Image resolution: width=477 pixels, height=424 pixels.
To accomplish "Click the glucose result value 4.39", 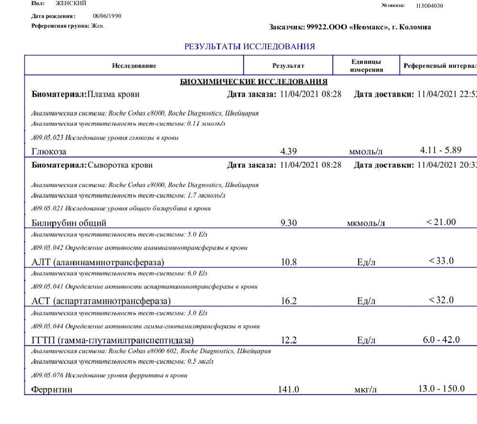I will coord(289,152).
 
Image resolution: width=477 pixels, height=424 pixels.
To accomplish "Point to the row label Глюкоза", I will coord(49,152).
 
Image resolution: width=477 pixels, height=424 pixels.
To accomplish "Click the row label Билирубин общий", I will coord(69,223).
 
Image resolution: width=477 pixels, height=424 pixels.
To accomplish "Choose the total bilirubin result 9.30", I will coord(289,222).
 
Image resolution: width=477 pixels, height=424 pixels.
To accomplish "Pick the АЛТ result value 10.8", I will coord(289,262).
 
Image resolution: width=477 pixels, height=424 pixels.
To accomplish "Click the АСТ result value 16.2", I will coord(289,301).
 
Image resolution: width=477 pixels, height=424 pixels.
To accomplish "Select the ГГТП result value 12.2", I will coord(289,341).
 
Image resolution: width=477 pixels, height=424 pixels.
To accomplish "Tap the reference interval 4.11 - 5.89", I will coord(441,150).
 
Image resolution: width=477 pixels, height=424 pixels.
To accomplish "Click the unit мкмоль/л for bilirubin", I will coord(366,223).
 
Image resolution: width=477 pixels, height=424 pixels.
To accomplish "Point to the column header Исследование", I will coord(134,66).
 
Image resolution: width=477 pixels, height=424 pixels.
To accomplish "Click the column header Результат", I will coord(288,66).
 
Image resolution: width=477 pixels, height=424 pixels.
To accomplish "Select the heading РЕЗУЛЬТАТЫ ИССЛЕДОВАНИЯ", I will coord(249,47).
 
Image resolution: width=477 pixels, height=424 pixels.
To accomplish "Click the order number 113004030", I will coord(429,6).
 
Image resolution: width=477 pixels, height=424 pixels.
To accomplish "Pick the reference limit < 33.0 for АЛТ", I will coord(441,260).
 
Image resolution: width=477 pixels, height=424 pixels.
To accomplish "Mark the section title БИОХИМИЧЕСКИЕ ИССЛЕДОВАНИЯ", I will coord(253,82).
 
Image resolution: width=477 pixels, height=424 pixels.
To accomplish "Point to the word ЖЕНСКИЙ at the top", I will coord(71,3).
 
